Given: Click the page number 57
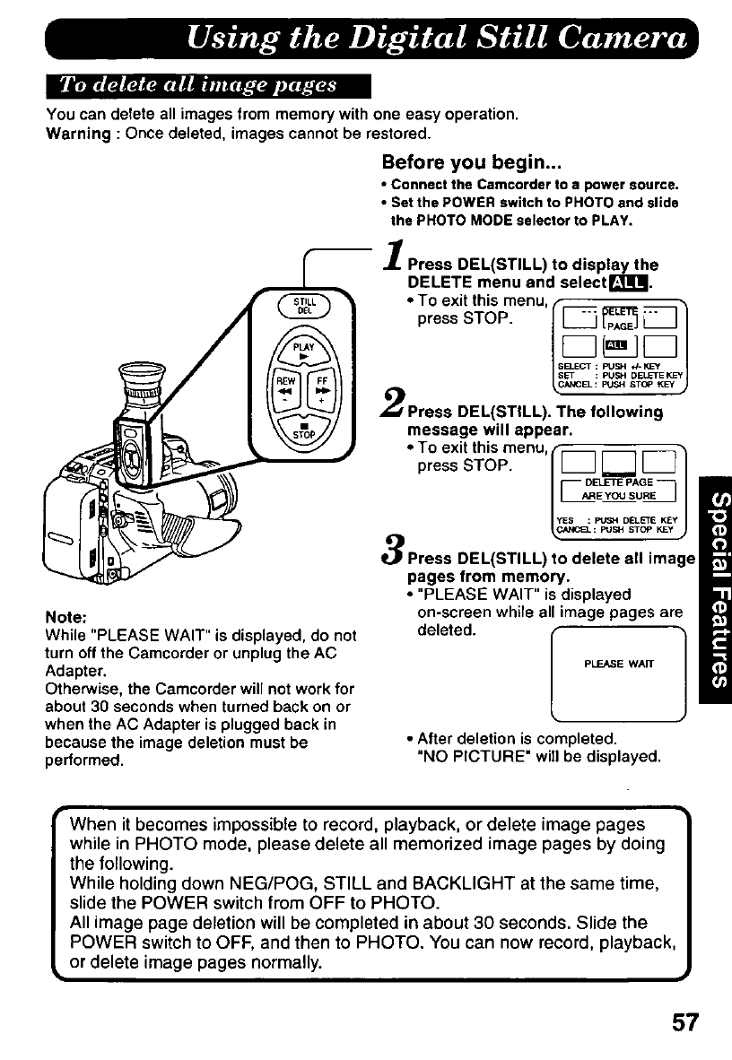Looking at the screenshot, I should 681,1022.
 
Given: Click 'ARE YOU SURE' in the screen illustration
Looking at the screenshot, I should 618,495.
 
